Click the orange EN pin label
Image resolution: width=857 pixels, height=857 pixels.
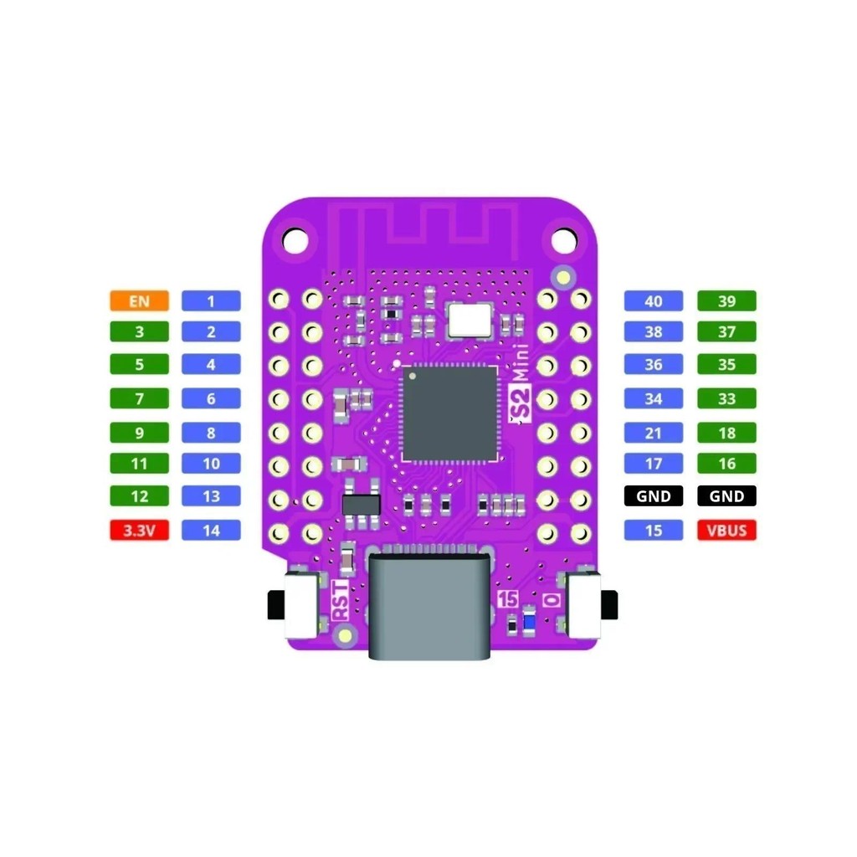click(139, 300)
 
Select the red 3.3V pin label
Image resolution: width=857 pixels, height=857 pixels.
click(139, 530)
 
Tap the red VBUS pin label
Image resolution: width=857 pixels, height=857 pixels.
click(726, 530)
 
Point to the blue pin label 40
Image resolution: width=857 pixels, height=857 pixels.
click(654, 301)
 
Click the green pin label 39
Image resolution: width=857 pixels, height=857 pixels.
click(726, 301)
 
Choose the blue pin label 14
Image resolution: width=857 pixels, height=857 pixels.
click(211, 530)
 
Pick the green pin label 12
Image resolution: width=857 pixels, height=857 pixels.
click(139, 496)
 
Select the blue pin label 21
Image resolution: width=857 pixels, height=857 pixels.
click(654, 433)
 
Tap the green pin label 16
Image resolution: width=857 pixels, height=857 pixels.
click(726, 464)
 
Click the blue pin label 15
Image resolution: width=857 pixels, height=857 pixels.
click(654, 530)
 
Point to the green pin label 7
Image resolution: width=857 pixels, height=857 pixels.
click(139, 399)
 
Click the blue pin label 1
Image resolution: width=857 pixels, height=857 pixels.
click(211, 300)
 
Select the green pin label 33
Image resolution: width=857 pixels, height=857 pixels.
click(726, 399)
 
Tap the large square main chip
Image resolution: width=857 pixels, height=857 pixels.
click(449, 413)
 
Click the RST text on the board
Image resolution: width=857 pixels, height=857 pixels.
click(341, 598)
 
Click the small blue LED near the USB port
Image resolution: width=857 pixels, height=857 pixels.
click(529, 623)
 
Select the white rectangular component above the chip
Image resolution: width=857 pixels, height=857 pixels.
click(470, 320)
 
